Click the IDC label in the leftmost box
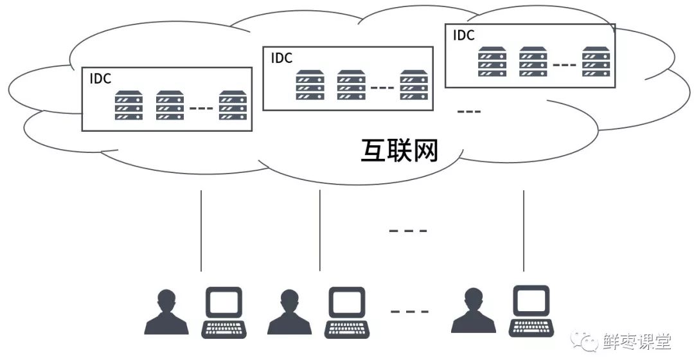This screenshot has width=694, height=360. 100,79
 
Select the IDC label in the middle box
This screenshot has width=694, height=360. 281,58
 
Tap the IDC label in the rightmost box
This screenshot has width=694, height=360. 464,35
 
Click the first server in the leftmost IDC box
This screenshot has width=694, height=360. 129,105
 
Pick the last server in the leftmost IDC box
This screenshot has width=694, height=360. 233,105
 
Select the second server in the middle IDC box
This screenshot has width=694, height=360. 351,85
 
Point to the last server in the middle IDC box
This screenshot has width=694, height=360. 414,85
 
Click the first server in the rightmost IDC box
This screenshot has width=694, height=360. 492,62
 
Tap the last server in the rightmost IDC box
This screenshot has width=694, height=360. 596,62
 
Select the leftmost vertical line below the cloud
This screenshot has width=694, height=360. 201,230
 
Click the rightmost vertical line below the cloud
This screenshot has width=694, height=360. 524,230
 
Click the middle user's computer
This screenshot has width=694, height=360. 348,312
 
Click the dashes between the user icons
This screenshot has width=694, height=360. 409,312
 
